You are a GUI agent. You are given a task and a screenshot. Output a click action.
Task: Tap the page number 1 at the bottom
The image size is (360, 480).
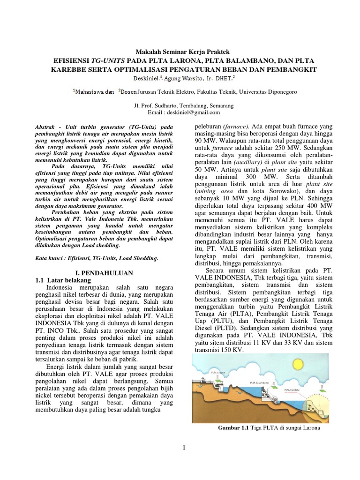(185, 448)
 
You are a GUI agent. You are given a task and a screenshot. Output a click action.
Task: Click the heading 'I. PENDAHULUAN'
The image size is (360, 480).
(105, 272)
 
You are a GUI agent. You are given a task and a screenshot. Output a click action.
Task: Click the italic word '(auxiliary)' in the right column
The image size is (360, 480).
(251, 162)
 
